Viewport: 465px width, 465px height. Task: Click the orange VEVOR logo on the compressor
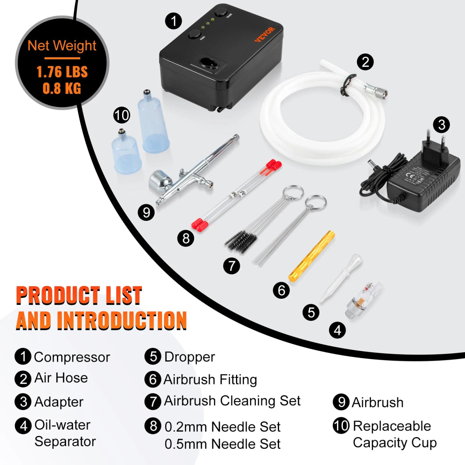pyautogui.click(x=264, y=34)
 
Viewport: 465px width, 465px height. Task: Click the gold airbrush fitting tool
pyautogui.click(x=312, y=257)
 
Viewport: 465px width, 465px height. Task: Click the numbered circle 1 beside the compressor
pyautogui.click(x=173, y=21)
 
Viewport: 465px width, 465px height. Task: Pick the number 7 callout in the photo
pyautogui.click(x=232, y=266)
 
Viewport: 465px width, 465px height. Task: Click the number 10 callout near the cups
pyautogui.click(x=121, y=115)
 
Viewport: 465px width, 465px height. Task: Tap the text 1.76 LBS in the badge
pyautogui.click(x=62, y=72)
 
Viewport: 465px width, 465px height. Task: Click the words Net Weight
pyautogui.click(x=62, y=46)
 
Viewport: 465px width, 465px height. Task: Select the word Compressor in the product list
pyautogui.click(x=72, y=357)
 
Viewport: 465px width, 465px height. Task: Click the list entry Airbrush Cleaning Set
pyautogui.click(x=232, y=401)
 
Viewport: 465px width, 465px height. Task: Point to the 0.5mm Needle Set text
pyautogui.click(x=222, y=444)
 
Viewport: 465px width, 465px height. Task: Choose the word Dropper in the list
pyautogui.click(x=189, y=357)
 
